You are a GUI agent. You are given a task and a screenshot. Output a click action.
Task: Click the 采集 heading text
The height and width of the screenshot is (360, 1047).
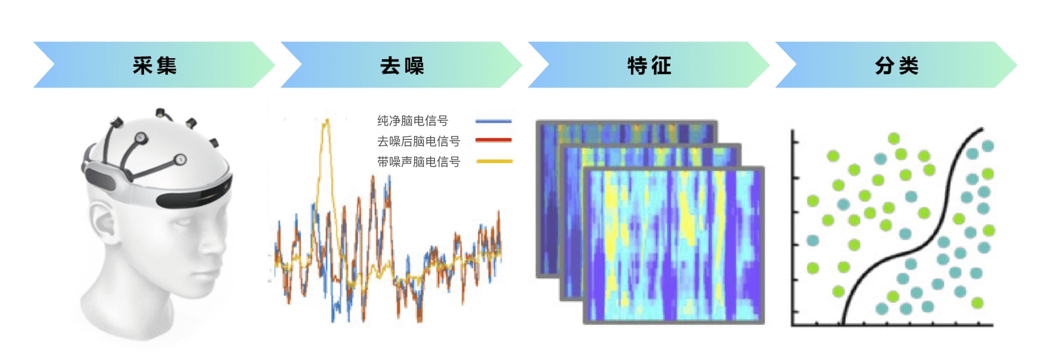tap(154, 65)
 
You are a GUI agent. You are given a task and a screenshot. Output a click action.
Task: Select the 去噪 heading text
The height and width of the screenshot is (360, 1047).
tap(402, 65)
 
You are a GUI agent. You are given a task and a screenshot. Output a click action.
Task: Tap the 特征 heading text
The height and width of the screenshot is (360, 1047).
tap(649, 65)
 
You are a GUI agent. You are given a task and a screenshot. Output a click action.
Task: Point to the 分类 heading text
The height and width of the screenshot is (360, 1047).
tap(896, 65)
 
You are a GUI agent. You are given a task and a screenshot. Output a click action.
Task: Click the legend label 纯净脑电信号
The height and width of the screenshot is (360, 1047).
tap(413, 121)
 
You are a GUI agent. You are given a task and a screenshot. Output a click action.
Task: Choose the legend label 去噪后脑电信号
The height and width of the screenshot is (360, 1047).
tap(419, 141)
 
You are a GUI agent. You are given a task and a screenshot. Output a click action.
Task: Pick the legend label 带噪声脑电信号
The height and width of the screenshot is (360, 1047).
tap(419, 162)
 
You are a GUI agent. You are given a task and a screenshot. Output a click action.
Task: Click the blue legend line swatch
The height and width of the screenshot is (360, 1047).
tap(494, 121)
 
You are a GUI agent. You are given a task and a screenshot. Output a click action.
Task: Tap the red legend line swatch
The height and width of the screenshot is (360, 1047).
tap(494, 140)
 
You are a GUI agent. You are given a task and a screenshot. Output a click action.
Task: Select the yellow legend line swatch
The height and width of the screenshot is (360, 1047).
tap(494, 161)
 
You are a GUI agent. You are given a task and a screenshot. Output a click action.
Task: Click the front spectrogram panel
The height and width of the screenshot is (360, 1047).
tap(674, 245)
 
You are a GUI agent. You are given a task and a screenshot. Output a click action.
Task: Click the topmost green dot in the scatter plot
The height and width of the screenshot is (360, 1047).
tap(893, 138)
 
